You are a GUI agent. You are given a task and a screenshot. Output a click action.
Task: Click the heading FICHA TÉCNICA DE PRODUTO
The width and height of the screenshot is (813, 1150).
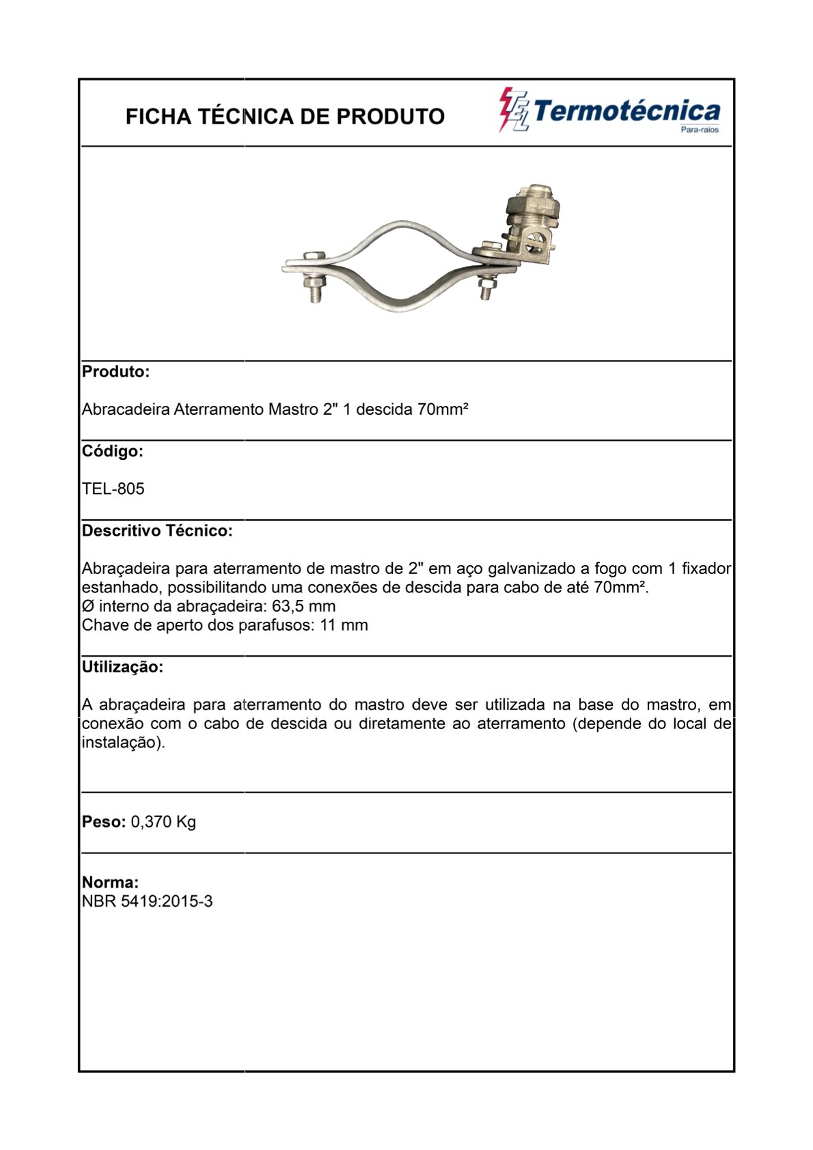[x=285, y=117]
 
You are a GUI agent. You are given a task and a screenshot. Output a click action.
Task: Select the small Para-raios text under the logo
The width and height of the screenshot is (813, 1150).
[x=700, y=130]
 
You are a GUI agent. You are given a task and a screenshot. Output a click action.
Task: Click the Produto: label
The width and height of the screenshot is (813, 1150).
[x=115, y=372]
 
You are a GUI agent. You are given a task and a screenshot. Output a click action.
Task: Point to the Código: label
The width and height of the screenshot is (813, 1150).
[x=112, y=451]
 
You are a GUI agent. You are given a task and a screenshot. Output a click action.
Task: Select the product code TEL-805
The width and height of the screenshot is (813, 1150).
[x=113, y=489]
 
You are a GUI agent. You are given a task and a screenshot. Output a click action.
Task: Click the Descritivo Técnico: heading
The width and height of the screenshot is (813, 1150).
[x=157, y=531]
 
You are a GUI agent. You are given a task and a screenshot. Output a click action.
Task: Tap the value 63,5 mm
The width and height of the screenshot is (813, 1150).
[x=304, y=606]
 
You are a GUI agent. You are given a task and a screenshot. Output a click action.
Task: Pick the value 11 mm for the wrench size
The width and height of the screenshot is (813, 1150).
[x=344, y=625]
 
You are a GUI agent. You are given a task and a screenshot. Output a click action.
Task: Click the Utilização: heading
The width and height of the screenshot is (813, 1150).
[x=122, y=667]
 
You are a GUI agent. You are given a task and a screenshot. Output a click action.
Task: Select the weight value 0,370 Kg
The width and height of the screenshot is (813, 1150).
[x=163, y=821]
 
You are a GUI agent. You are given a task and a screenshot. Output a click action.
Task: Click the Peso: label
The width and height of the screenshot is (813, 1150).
[x=104, y=821]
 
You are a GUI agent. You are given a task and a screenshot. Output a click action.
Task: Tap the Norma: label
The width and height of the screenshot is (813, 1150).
[x=110, y=882]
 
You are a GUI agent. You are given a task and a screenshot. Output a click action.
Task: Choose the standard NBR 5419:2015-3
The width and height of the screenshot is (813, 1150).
[x=147, y=901]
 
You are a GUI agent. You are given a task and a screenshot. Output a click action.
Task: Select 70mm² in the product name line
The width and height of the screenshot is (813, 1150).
[x=443, y=409]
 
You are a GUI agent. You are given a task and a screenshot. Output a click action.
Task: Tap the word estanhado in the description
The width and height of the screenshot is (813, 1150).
[x=122, y=588]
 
